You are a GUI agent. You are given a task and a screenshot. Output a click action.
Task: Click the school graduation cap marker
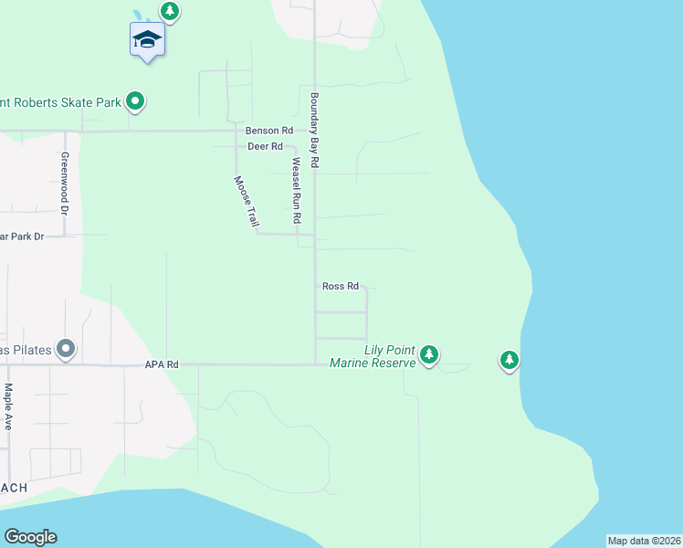[146, 40]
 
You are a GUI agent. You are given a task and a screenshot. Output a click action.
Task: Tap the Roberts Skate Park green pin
[135, 101]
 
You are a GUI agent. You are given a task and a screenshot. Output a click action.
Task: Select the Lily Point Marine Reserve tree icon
[428, 354]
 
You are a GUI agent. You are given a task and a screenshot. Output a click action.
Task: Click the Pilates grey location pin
[65, 350]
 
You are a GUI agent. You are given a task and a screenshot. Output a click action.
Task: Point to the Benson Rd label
[268, 131]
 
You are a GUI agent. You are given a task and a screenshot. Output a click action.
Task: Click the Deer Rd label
[265, 146]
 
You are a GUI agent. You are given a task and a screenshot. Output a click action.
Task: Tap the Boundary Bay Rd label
[314, 130]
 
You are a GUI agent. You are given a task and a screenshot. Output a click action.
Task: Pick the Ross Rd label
[340, 286]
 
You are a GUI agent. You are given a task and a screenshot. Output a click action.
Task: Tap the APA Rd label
[161, 364]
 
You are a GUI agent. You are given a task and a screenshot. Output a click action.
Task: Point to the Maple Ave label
[8, 406]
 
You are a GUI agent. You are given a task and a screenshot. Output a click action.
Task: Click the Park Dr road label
[22, 237]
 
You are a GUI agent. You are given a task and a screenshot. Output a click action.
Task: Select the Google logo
[30, 537]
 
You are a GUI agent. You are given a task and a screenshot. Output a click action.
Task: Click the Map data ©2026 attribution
[644, 541]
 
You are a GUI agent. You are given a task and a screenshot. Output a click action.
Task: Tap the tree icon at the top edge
[169, 11]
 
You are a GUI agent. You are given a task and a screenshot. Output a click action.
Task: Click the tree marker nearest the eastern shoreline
[510, 360]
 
